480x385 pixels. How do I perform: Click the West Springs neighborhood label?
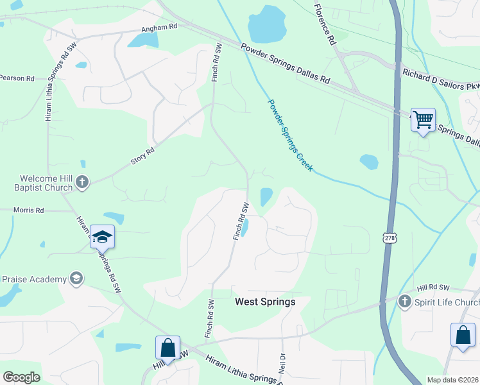point(265,302)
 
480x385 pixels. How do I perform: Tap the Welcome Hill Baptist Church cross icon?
point(81,182)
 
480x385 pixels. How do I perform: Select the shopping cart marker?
point(423,119)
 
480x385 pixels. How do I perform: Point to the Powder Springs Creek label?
point(290,135)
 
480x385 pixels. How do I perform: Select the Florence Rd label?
point(325,24)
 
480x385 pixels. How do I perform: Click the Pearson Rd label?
point(17,78)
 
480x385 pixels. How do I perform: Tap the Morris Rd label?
point(30,210)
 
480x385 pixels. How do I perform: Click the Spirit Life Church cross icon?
point(404,302)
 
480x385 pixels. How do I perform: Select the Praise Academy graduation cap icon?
point(76,278)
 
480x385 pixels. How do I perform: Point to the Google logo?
point(21,377)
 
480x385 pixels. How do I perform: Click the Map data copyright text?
point(452,380)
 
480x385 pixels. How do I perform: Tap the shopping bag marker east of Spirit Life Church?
point(463,334)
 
